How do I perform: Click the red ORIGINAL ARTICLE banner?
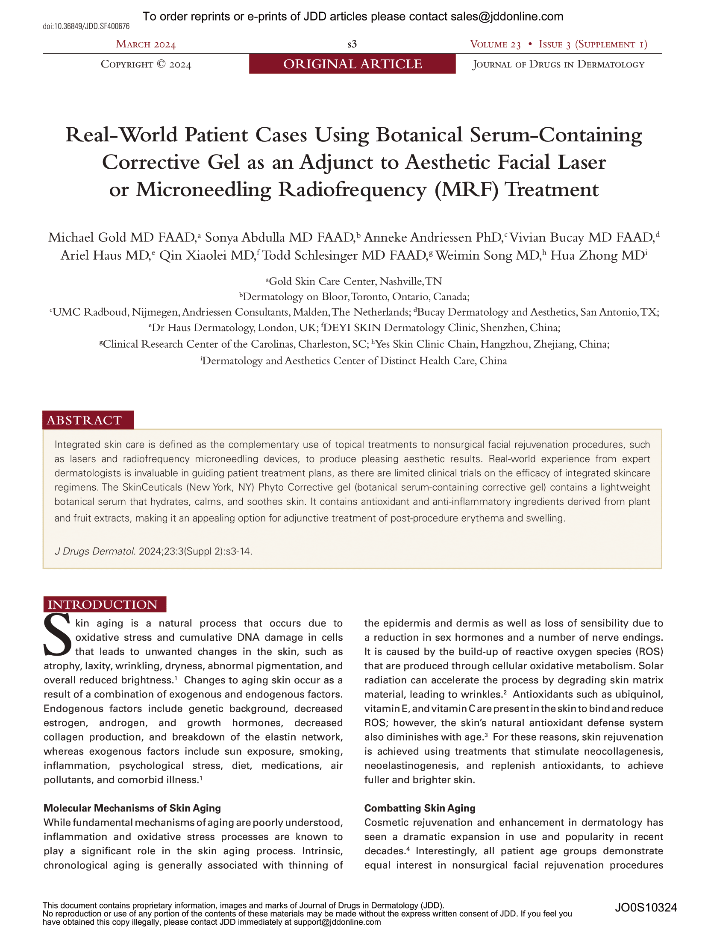pos(352,64)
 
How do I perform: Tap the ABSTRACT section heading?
pos(85,420)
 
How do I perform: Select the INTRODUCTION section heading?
pos(103,604)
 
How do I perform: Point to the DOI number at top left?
pos(86,26)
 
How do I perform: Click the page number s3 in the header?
pos(352,44)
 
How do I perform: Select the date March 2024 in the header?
pos(146,44)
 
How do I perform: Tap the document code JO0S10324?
pos(646,907)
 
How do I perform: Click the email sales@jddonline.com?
pos(507,17)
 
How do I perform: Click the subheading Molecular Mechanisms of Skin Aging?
pos(132,808)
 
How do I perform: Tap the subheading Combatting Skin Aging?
pos(420,808)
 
